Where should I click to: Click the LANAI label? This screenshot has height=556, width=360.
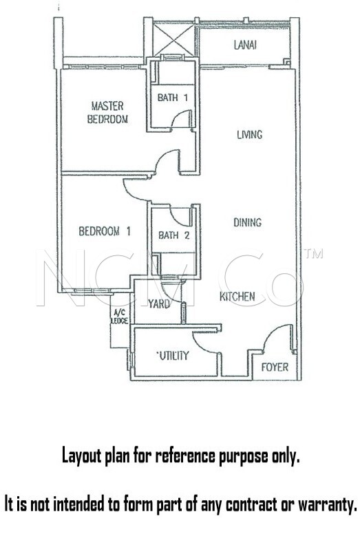tap(245, 45)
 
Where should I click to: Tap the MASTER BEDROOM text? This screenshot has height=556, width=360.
tap(107, 112)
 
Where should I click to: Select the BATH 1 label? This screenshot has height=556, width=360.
tap(172, 97)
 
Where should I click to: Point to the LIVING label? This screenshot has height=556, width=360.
tap(250, 134)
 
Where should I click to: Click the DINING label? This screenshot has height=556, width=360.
tap(248, 222)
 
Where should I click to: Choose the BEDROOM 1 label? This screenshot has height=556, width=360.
tap(105, 231)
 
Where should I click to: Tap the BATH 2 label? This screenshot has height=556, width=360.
tap(173, 235)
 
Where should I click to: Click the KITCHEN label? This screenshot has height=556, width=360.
tap(237, 297)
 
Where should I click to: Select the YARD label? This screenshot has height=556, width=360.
tap(159, 303)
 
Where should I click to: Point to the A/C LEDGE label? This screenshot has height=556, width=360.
tap(120, 317)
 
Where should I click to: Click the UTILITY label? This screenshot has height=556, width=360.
tap(173, 355)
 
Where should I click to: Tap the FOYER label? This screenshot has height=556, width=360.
tap(275, 367)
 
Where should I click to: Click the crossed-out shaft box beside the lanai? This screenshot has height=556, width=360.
tap(173, 39)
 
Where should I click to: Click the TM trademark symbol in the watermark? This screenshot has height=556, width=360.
tap(313, 253)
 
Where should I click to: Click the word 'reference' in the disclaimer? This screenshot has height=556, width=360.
tap(184, 456)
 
